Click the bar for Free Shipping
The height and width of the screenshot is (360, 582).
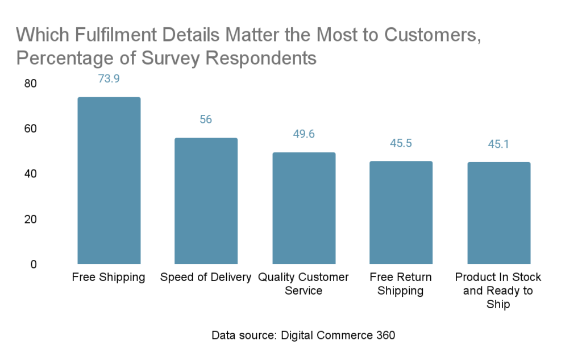[x=109, y=180]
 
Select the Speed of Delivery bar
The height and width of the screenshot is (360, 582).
[x=206, y=201]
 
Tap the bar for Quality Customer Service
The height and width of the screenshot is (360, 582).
[x=304, y=208]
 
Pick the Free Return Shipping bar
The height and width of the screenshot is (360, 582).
[x=401, y=213]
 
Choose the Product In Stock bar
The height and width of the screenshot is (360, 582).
[x=498, y=213]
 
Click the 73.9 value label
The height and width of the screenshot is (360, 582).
[x=109, y=79]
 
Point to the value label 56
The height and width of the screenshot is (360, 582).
[x=206, y=119]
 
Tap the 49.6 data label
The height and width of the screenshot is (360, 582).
[x=304, y=134]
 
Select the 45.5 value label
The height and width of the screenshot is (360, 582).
[x=401, y=143]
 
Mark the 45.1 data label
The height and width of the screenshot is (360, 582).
[x=498, y=144]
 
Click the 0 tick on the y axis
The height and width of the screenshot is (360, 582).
[x=34, y=264]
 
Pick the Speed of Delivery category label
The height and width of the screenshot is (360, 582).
[x=206, y=278]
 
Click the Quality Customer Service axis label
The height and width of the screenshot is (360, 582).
[x=304, y=284]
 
